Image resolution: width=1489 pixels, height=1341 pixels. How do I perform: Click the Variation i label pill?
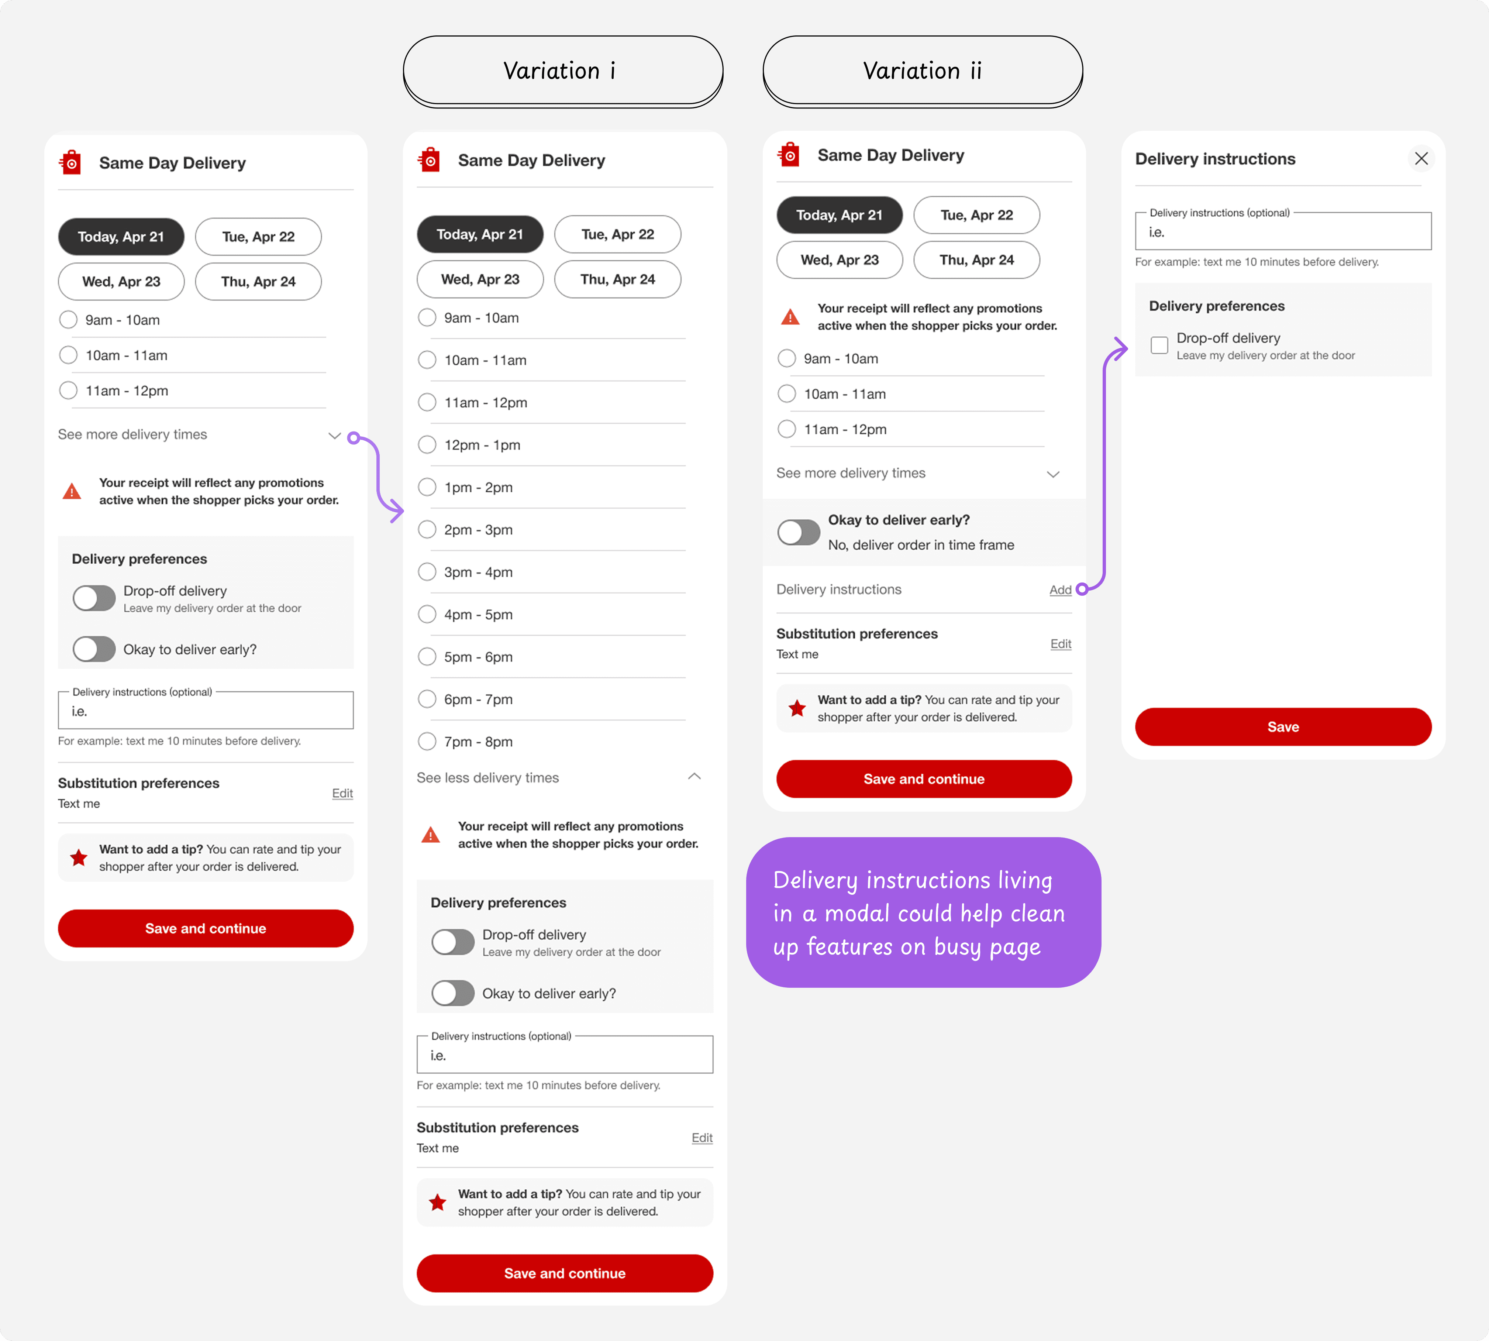point(563,71)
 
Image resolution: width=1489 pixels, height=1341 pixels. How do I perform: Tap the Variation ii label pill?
point(923,71)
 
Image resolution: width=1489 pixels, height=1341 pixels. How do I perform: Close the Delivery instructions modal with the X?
point(1421,158)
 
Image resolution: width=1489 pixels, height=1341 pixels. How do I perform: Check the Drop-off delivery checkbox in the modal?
point(1159,345)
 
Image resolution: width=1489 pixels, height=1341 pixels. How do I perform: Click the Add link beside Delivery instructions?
point(1060,589)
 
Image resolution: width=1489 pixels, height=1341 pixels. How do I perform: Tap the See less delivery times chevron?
point(694,777)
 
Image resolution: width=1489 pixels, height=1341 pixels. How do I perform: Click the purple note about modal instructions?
point(923,912)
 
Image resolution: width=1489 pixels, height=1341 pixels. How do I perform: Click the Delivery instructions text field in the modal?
point(1283,231)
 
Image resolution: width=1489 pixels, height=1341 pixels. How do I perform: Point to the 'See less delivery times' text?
point(488,777)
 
